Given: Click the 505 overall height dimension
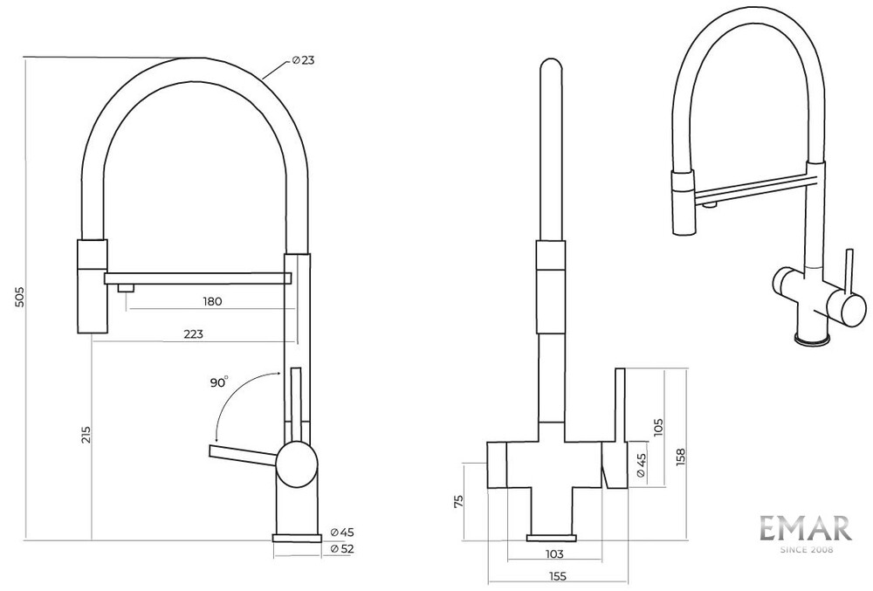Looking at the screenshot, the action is click(19, 297).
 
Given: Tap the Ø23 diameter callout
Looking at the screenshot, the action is click(304, 60).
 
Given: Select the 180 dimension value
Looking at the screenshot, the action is click(212, 301).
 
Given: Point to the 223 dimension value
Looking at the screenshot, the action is click(193, 333).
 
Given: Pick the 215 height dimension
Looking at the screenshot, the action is click(86, 435).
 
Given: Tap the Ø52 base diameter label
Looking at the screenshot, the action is click(342, 549).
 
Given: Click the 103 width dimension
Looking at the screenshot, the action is click(554, 553).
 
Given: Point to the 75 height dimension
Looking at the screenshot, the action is click(459, 501).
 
